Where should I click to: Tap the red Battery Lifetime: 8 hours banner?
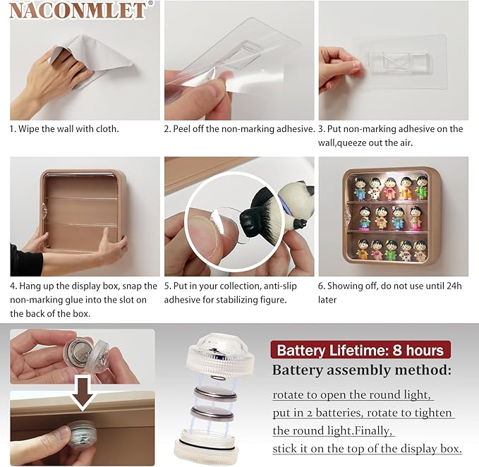click(x=360, y=350)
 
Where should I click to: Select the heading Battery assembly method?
click(x=362, y=370)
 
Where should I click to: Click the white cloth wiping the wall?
click(x=92, y=61)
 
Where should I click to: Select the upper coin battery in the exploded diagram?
click(x=216, y=394)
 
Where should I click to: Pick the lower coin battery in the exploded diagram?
click(x=212, y=413)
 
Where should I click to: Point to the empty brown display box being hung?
click(x=83, y=212)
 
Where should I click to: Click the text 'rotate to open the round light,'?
click(x=351, y=394)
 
